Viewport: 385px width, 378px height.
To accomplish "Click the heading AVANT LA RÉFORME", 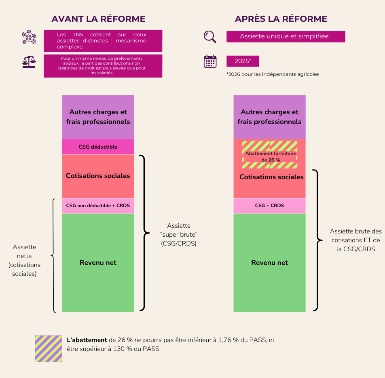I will [x=98, y=19].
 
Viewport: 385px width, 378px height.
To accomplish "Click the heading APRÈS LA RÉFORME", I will [x=281, y=19].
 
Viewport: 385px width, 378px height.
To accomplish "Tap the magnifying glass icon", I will [x=210, y=36].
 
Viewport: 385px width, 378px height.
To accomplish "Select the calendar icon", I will [x=210, y=61].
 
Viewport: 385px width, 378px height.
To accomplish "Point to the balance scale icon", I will [x=28, y=61].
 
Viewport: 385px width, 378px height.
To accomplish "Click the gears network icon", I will [x=29, y=37].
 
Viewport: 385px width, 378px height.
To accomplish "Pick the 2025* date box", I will [x=243, y=61].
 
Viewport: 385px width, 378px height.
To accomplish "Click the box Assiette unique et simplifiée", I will [x=286, y=37].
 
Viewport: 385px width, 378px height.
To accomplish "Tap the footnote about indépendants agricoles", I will [x=273, y=74].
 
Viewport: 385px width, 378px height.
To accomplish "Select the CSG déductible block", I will [x=98, y=147].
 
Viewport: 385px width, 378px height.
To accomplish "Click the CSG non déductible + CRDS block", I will [x=98, y=206].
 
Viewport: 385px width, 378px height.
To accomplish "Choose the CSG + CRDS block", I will [x=269, y=206].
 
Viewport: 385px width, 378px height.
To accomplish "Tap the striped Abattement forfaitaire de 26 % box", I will [x=269, y=155].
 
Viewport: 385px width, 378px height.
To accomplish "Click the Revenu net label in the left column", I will [x=98, y=262].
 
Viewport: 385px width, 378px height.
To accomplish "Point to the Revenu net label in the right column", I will [x=269, y=262].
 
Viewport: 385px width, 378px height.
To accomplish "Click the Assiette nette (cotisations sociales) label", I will [x=24, y=260].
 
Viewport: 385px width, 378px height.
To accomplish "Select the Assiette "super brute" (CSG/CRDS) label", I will [x=178, y=235].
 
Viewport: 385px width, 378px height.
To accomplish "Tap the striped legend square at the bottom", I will [x=49, y=349].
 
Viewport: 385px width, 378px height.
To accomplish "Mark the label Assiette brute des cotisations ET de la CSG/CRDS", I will [x=356, y=240].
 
